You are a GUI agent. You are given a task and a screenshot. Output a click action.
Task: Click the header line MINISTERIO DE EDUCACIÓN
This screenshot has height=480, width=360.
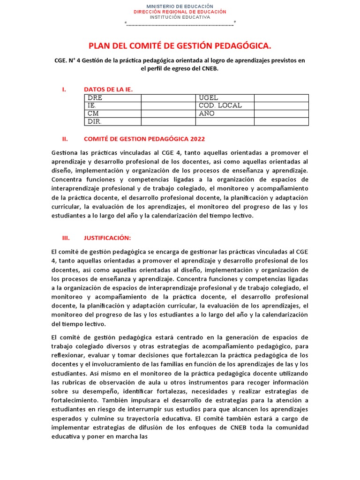[x=180, y=6]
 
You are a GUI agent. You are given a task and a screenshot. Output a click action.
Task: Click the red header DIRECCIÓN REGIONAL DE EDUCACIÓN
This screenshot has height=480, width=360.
[x=180, y=11]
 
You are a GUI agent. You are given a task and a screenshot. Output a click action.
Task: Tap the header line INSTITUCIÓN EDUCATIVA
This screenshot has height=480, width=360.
[x=180, y=17]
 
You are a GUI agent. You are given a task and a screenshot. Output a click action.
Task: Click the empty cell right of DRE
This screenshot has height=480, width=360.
[x=168, y=98]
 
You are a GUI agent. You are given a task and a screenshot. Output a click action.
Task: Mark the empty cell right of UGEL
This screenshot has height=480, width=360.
[x=281, y=98]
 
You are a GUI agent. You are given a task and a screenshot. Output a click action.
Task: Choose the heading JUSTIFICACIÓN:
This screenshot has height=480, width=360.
[x=107, y=238]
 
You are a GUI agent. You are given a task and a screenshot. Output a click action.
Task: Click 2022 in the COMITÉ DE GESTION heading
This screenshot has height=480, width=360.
[x=196, y=139]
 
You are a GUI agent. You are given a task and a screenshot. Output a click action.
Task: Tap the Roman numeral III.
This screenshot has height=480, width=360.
[x=66, y=238]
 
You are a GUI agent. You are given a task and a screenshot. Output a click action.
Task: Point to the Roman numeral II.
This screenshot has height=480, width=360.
[x=65, y=139]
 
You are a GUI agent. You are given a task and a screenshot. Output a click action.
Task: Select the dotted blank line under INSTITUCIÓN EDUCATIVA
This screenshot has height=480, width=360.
[x=180, y=24]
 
